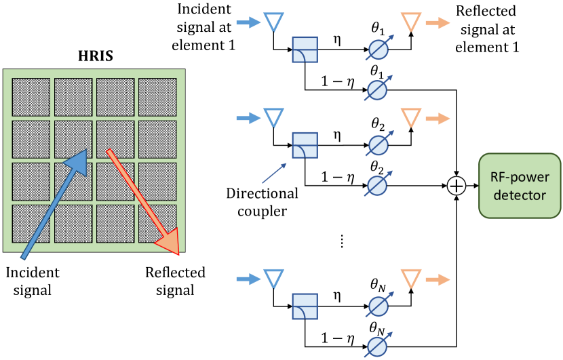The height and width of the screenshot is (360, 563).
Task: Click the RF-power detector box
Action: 520,185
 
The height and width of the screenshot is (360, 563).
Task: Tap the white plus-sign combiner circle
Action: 457,186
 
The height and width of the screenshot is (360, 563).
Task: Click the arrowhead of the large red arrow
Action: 168,242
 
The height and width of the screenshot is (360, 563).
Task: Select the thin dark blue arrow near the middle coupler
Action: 274,174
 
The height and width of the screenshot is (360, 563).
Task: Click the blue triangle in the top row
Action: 273,22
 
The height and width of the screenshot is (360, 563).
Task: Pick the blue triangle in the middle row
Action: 273,117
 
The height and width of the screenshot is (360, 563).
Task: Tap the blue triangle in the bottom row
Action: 273,278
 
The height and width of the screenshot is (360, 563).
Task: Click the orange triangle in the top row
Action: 410,22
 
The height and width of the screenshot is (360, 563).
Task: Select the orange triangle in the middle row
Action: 410,117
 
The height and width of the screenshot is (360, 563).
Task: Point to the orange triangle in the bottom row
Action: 410,278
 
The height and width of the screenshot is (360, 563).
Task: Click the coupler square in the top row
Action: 305,50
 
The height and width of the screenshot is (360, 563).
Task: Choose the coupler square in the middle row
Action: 305,145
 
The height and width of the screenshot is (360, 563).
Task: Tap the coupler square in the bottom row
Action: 305,306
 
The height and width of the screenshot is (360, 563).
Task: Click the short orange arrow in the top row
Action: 438,23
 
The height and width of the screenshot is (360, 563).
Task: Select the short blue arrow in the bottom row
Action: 248,279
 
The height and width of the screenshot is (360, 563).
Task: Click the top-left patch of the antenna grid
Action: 31,98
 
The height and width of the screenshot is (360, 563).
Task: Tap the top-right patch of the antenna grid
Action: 157,98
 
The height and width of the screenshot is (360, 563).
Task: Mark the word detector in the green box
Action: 520,195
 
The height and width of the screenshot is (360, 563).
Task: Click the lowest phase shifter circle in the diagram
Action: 376,347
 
